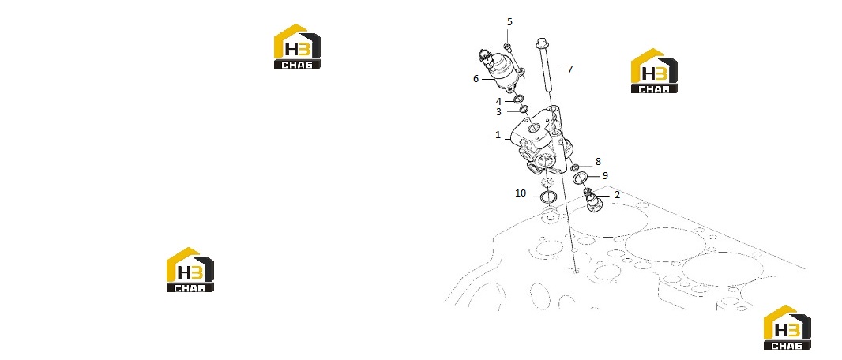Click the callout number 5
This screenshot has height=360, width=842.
click(509, 22)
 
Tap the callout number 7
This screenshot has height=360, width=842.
click(569, 69)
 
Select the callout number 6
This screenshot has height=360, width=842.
click(476, 79)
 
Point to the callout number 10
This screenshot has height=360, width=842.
click(521, 193)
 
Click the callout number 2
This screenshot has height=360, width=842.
click(617, 195)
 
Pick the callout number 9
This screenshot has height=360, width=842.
click(605, 175)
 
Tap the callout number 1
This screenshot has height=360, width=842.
click(498, 135)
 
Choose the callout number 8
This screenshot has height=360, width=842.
click(598, 162)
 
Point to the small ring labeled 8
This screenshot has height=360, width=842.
click(574, 168)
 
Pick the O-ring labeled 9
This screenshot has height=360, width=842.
click(579, 178)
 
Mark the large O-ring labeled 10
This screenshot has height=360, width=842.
click(547, 197)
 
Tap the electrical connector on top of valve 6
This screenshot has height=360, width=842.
click(109, 56)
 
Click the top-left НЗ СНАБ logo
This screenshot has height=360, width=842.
click(298, 46)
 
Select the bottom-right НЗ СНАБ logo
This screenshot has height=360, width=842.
click(787, 328)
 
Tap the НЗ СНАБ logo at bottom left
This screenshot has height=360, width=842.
click(190, 269)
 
